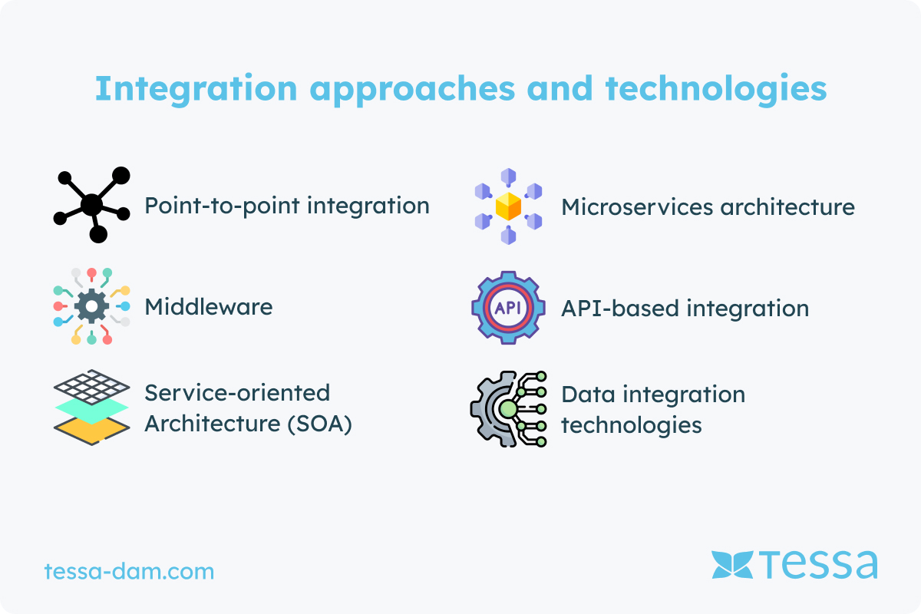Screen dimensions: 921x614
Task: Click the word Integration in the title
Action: click(x=196, y=89)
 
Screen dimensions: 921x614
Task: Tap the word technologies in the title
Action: click(x=716, y=89)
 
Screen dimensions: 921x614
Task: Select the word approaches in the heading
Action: click(x=412, y=89)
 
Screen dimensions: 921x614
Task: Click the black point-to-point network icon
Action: click(x=91, y=205)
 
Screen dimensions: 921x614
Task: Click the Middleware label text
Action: click(x=209, y=307)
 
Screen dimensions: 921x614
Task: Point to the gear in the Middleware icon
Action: click(x=91, y=306)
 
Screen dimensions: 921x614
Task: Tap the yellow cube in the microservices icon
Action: click(x=508, y=206)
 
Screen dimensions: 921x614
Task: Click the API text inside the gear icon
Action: click(x=508, y=308)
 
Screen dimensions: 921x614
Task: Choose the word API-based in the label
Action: click(x=620, y=309)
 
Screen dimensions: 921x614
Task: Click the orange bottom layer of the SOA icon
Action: click(x=91, y=429)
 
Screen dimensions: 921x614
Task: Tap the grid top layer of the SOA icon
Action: click(x=91, y=387)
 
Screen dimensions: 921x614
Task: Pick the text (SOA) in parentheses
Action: click(x=319, y=424)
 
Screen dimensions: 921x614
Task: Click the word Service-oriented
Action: click(x=237, y=393)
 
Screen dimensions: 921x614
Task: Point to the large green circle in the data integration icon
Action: click(x=508, y=409)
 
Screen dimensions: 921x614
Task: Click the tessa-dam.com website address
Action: click(x=129, y=571)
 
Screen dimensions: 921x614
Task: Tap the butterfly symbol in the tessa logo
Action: click(x=732, y=565)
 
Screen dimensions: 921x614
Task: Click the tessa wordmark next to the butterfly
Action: click(x=818, y=564)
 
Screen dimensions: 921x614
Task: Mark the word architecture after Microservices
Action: click(x=787, y=206)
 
